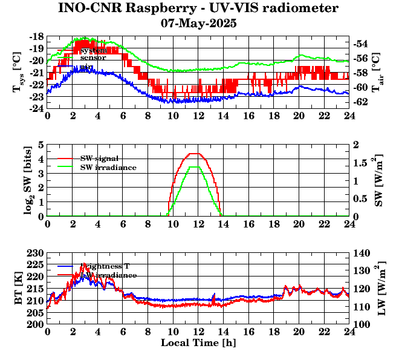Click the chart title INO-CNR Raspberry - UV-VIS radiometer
coord(198,8)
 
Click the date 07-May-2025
coord(198,24)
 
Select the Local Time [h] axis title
coord(198,343)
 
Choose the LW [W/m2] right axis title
coord(381,289)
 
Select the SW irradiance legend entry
coord(108,167)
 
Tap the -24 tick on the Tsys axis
coord(35,108)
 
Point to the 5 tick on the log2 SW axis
coord(41,145)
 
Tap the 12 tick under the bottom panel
coord(198,332)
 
